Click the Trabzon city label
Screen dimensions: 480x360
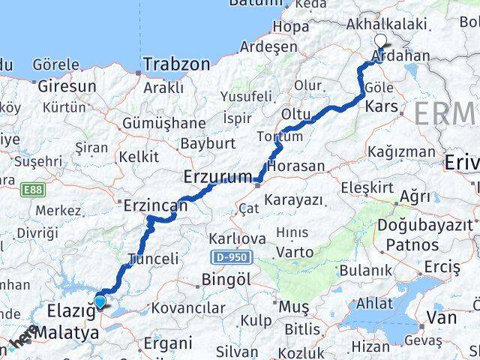pyautogui.click(x=178, y=64)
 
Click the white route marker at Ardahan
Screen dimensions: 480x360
pyautogui.click(x=380, y=42)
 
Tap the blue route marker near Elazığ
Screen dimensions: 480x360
pyautogui.click(x=100, y=302)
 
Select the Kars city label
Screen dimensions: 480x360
pyautogui.click(x=381, y=107)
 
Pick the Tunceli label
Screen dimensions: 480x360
pyautogui.click(x=154, y=259)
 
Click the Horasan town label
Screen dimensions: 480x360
pyautogui.click(x=297, y=165)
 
